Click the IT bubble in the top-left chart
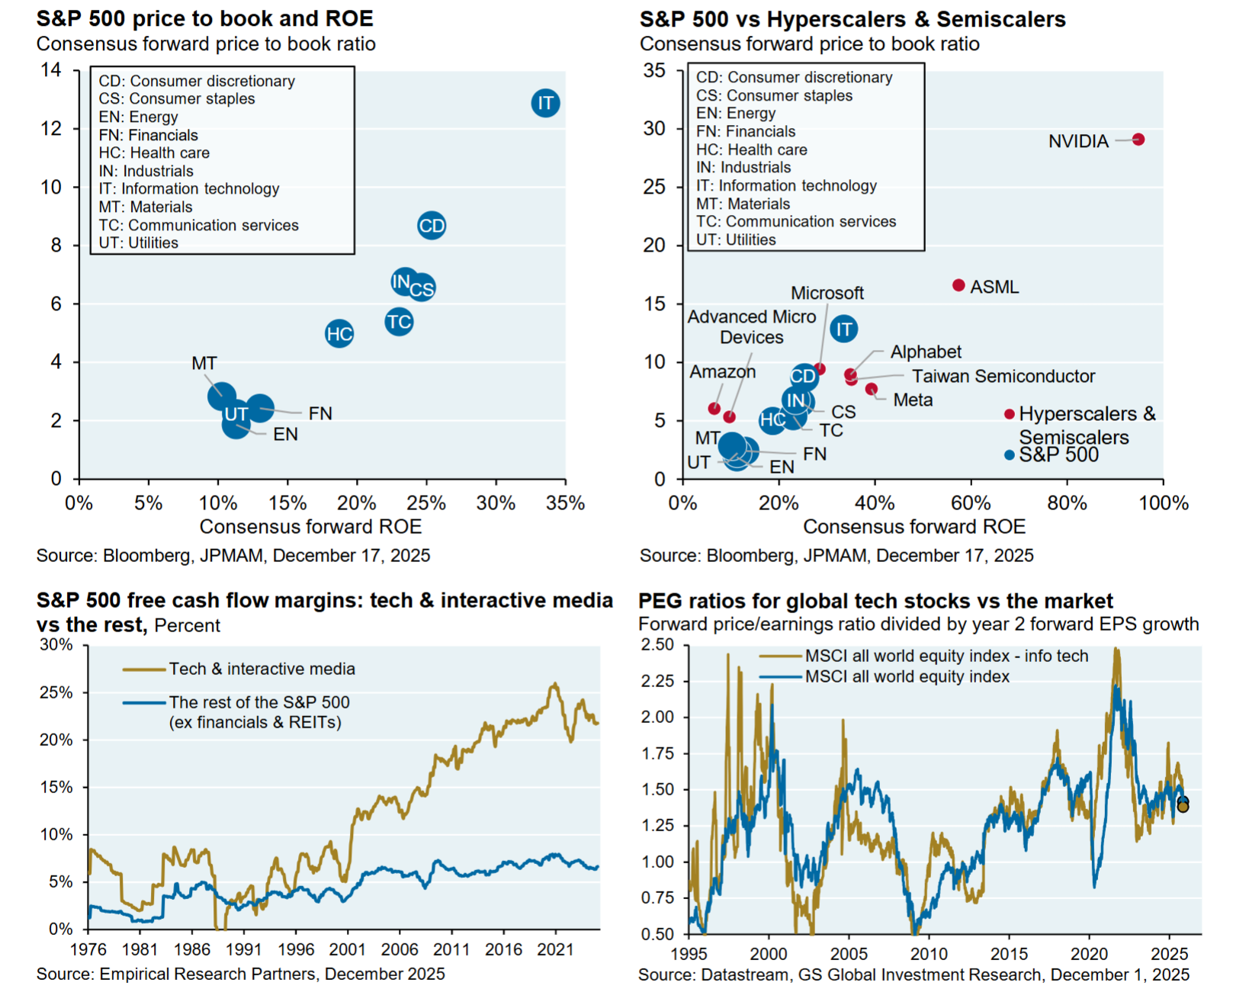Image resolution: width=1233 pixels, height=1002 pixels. (x=545, y=103)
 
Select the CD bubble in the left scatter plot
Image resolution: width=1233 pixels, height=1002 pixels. (x=432, y=226)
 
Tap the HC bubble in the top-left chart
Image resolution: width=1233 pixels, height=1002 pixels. (x=339, y=333)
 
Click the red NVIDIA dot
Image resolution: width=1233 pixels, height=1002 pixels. (x=1138, y=140)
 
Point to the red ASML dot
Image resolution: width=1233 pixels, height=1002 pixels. (x=958, y=285)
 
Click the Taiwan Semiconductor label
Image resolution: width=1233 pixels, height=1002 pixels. (x=1003, y=376)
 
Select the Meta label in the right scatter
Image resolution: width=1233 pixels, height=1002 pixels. (x=913, y=400)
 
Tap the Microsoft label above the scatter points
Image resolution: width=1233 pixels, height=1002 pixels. (x=827, y=293)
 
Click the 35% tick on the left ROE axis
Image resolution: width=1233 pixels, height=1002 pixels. (x=565, y=503)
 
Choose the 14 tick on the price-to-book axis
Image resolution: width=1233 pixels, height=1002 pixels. (x=51, y=70)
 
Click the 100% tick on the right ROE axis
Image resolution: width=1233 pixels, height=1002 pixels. (x=1164, y=503)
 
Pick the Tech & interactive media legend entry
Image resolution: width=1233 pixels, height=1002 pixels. (x=262, y=669)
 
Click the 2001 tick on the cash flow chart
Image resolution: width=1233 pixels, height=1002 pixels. (x=348, y=949)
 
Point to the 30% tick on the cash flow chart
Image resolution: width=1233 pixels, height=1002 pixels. (x=56, y=645)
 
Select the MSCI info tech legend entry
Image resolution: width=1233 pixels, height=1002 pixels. (x=946, y=656)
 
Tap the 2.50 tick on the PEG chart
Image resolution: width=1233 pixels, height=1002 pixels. (x=657, y=645)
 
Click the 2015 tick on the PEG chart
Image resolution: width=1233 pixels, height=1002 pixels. (x=1009, y=954)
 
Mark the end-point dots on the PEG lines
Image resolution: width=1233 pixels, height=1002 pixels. (x=1183, y=804)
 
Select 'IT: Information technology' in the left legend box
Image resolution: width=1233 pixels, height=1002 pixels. (x=189, y=188)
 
